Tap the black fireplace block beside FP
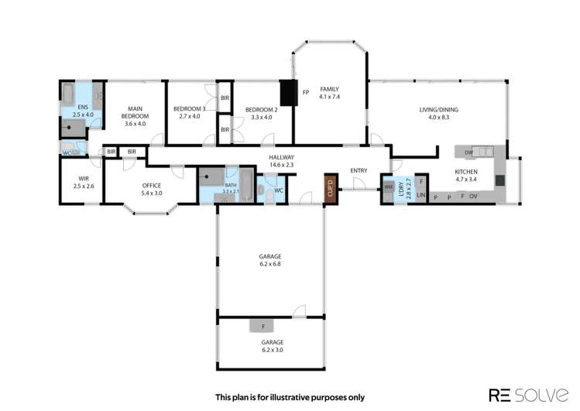(289, 93)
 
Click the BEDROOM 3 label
(189, 112)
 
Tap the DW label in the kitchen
(469, 152)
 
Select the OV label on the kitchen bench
(472, 197)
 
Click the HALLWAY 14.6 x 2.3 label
(281, 160)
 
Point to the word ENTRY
(359, 170)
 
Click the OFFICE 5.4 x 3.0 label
(151, 190)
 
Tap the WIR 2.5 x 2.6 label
(83, 183)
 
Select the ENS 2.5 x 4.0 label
(82, 111)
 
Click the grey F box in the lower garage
(263, 326)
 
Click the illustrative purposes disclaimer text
(289, 396)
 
